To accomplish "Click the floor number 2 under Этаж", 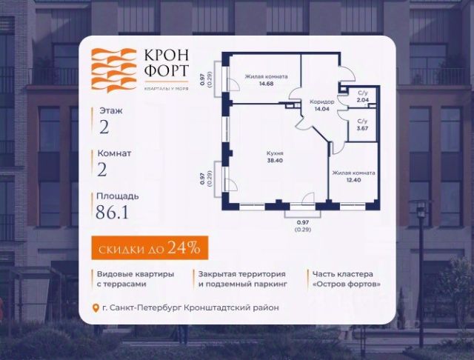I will [x=104, y=127].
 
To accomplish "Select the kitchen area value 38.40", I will [x=276, y=159].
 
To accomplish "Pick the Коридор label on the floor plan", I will [x=321, y=102].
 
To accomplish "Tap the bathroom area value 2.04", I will [x=362, y=98].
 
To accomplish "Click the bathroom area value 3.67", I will [x=362, y=127].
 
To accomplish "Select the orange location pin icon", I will [x=94, y=308].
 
